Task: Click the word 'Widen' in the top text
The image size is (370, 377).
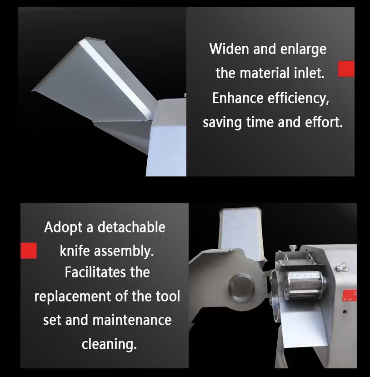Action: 229,49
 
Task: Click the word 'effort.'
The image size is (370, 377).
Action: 324,122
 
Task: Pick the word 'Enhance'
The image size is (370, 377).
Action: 238,98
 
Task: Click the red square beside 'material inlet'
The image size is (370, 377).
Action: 346,69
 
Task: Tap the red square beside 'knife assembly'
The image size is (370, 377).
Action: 29,251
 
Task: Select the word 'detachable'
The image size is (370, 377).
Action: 131,227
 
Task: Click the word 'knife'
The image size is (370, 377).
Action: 74,251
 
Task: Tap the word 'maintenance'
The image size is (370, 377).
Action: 132,320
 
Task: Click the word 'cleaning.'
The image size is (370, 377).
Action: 109,345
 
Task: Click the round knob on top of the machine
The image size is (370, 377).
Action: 293,248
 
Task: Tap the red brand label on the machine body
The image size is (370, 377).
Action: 350,296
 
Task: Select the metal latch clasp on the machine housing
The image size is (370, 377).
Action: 342,267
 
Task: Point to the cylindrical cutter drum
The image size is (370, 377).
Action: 305,284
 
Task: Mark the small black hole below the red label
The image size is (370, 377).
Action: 345,312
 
